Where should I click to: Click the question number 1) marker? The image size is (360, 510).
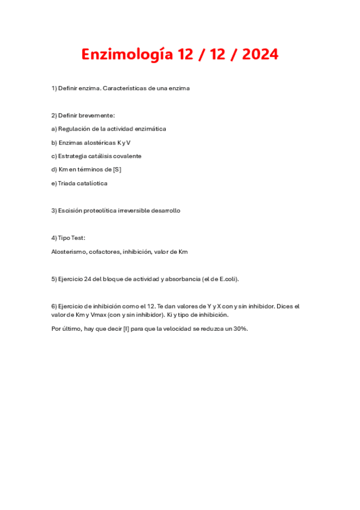click(x=54, y=88)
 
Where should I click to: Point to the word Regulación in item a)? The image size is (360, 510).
click(x=74, y=129)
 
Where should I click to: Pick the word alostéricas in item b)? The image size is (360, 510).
click(x=98, y=143)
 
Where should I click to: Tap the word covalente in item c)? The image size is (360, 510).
click(x=127, y=156)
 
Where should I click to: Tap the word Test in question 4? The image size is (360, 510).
click(x=78, y=238)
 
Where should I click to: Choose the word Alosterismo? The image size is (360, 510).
click(x=69, y=251)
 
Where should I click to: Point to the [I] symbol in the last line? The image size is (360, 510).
click(x=126, y=328)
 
